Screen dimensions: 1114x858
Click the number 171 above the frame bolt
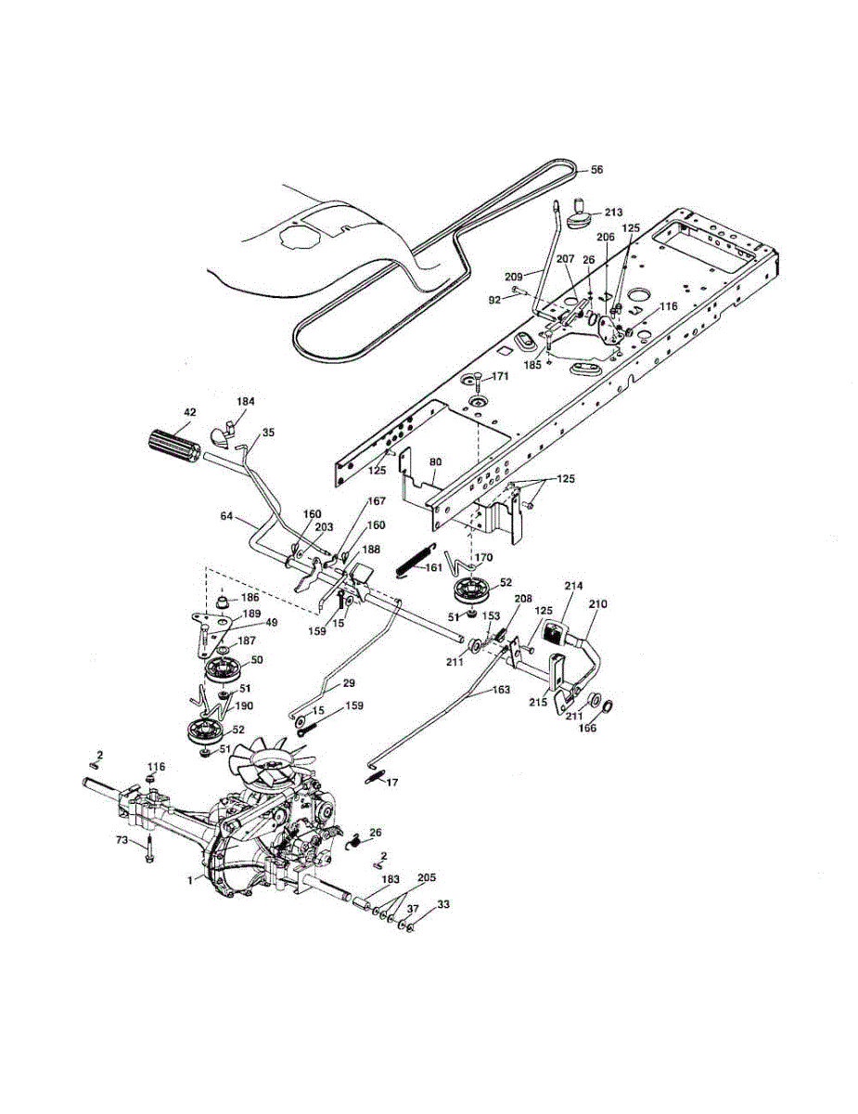click(500, 376)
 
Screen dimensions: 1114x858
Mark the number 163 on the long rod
click(500, 690)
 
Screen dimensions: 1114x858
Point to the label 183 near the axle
click(391, 878)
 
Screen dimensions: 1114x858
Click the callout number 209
click(514, 275)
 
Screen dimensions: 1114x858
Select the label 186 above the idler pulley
click(250, 598)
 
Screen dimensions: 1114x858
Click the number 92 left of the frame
click(494, 299)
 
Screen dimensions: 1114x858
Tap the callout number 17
click(392, 783)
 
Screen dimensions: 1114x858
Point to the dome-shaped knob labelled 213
click(582, 218)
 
